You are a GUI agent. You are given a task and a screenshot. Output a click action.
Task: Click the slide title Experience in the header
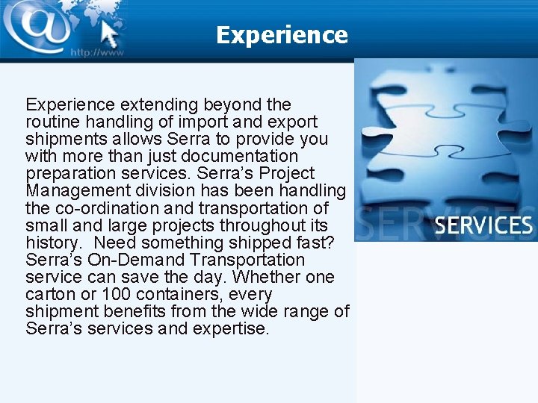click(282, 35)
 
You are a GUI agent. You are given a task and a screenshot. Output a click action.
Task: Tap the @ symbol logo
click(37, 25)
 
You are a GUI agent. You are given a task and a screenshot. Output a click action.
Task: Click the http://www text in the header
click(96, 52)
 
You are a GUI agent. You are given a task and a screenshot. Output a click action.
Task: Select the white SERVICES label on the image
click(483, 225)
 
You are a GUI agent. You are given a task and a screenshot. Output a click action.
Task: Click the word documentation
click(236, 156)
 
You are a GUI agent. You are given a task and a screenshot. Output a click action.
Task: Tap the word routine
click(50, 122)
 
